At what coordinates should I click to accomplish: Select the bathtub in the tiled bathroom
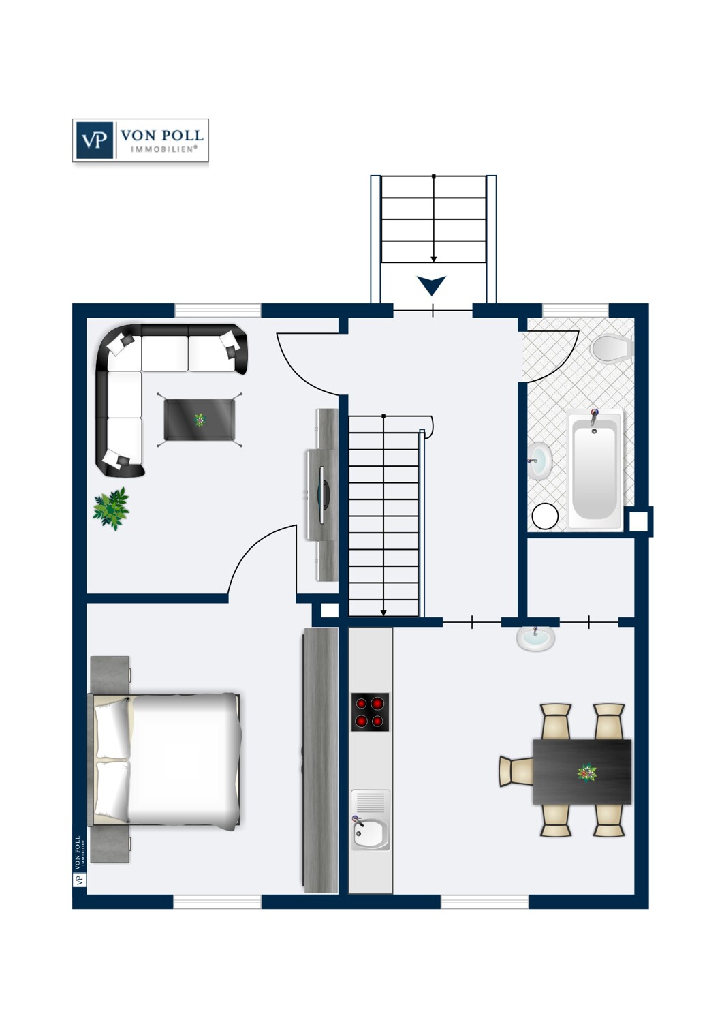click(x=595, y=469)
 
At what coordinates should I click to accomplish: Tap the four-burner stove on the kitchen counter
click(x=370, y=712)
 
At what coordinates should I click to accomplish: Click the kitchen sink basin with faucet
click(x=371, y=834)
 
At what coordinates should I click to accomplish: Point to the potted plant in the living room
click(x=111, y=509)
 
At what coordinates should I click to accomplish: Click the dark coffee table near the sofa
click(x=200, y=419)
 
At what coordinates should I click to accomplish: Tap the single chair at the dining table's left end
click(x=516, y=771)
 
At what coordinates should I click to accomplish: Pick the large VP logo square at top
click(x=95, y=140)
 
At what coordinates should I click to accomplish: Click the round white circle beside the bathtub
click(x=545, y=516)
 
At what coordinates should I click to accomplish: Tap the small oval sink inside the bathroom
click(x=539, y=461)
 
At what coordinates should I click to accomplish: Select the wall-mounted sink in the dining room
click(x=535, y=638)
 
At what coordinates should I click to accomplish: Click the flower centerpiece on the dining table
click(x=586, y=773)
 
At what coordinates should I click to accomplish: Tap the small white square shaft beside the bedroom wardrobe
click(x=330, y=610)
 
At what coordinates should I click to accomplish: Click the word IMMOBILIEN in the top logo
click(x=163, y=149)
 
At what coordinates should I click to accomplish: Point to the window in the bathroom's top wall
click(x=576, y=310)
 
